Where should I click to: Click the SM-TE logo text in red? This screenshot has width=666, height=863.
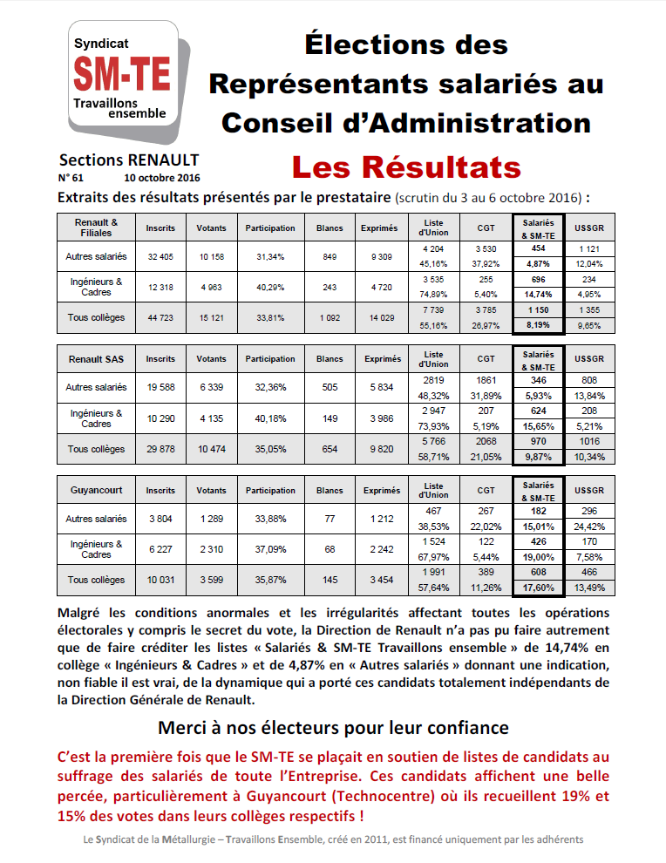(123, 71)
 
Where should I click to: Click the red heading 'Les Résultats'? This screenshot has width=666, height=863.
(405, 166)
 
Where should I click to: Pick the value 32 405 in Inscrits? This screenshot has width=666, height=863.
(160, 256)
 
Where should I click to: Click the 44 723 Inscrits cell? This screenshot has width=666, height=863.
(160, 318)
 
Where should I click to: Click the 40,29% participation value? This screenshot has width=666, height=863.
(269, 287)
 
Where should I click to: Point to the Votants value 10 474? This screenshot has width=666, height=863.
(211, 449)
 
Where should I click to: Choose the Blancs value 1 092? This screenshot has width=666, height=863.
(329, 318)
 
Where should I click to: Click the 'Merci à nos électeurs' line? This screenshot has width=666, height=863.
(333, 727)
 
